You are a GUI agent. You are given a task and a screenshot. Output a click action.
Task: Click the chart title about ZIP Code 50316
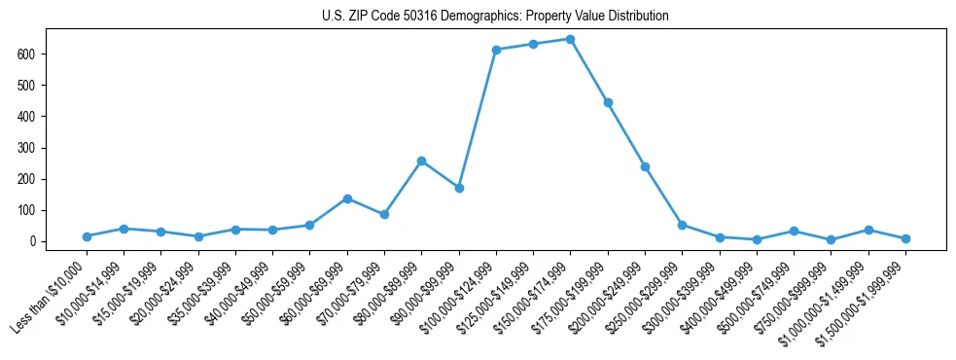495,17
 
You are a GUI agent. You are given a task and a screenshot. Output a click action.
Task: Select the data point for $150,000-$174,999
570,39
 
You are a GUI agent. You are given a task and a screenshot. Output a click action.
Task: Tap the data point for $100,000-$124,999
496,50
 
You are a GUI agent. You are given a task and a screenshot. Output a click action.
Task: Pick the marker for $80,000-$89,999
421,161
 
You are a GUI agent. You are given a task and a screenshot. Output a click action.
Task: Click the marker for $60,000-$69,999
347,198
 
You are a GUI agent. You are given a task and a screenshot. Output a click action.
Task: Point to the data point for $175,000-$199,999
608,102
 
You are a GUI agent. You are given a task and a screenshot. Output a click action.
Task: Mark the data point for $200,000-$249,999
645,166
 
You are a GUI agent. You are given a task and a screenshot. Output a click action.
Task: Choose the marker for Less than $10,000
87,236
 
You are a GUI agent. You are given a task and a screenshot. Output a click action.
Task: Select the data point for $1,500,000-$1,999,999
905,238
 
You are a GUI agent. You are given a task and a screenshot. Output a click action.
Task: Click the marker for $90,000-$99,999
459,188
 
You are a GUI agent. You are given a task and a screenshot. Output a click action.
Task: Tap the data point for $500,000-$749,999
794,231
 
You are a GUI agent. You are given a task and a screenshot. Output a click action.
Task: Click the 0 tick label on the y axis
31,241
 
